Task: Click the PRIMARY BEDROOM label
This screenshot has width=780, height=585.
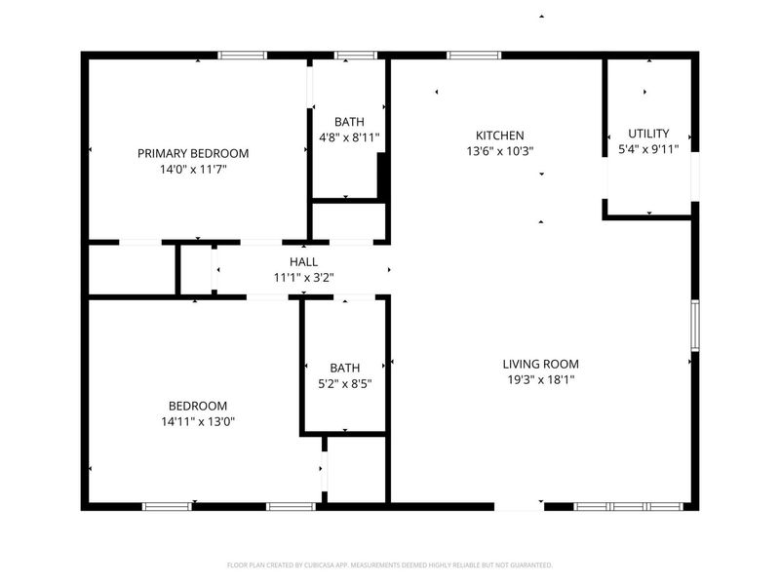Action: (x=193, y=153)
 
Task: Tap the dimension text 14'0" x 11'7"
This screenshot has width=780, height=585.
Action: (x=193, y=169)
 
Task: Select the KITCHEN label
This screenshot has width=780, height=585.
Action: (x=499, y=136)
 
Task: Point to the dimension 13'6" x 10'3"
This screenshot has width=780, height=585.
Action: (x=499, y=151)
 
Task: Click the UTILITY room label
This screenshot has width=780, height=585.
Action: (x=648, y=134)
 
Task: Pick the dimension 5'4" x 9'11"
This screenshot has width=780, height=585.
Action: (x=648, y=149)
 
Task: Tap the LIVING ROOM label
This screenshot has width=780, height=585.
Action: (x=541, y=364)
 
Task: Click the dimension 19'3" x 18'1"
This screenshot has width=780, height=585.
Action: (x=541, y=380)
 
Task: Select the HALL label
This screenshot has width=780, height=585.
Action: (x=303, y=261)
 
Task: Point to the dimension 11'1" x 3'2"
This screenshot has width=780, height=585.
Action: (x=303, y=278)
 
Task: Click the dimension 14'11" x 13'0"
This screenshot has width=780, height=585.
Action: (x=198, y=422)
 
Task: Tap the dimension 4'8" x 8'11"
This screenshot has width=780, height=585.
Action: (x=349, y=137)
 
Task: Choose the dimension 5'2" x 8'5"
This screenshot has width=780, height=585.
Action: (x=345, y=384)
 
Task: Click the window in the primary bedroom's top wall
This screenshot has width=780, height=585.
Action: (x=242, y=56)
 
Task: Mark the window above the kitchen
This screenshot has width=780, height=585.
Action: (x=474, y=56)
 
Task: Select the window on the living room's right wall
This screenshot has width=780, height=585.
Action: (x=695, y=326)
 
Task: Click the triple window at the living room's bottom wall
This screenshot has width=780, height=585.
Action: (x=628, y=506)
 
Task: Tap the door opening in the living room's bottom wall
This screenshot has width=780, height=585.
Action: (x=520, y=506)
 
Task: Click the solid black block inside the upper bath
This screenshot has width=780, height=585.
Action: (x=382, y=175)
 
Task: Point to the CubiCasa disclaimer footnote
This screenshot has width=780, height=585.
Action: (x=389, y=565)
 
